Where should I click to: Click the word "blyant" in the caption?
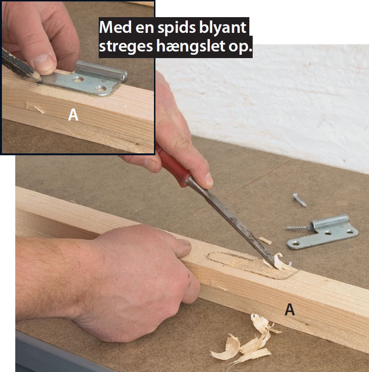(223, 28)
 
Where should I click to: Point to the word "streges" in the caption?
(125, 47)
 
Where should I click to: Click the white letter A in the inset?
(73, 115)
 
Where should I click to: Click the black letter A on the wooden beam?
(290, 309)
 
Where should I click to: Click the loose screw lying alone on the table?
(299, 200)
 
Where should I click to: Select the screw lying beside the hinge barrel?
(298, 228)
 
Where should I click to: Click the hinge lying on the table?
(323, 232)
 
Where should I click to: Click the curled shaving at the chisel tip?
(280, 261)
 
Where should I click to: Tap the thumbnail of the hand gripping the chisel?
(209, 180)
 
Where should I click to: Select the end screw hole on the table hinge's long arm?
(296, 243)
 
